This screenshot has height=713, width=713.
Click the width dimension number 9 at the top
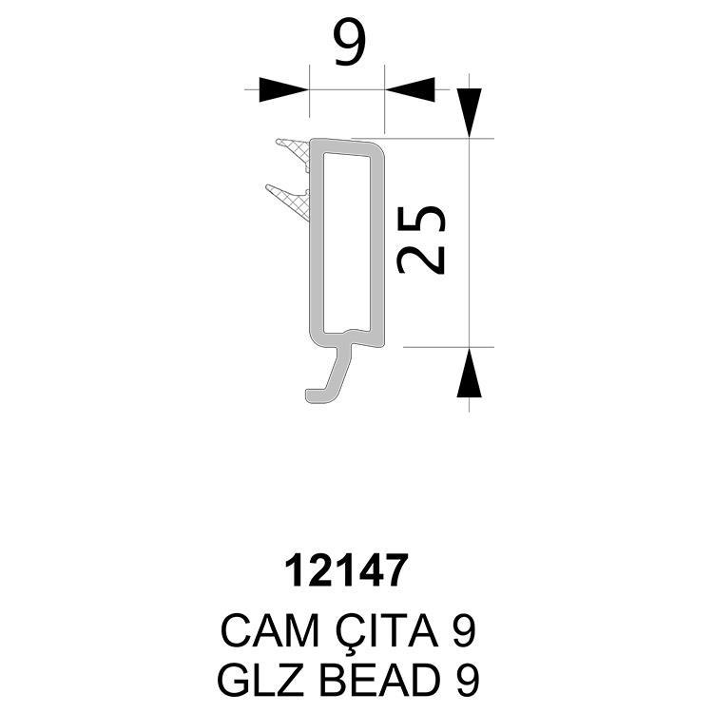click(x=349, y=43)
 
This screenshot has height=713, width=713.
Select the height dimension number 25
click(x=421, y=241)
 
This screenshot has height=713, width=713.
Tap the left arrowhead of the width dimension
click(x=283, y=89)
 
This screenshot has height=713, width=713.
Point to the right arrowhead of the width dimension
click(x=410, y=89)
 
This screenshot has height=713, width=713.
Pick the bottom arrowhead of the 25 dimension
click(x=470, y=373)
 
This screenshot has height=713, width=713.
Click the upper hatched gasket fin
click(x=294, y=155)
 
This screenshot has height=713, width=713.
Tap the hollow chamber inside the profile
click(x=346, y=242)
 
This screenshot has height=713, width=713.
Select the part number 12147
click(x=346, y=570)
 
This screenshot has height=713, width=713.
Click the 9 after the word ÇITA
click(x=464, y=631)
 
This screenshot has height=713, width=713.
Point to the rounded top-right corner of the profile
click(x=377, y=149)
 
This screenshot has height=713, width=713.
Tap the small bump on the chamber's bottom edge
click(x=351, y=332)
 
